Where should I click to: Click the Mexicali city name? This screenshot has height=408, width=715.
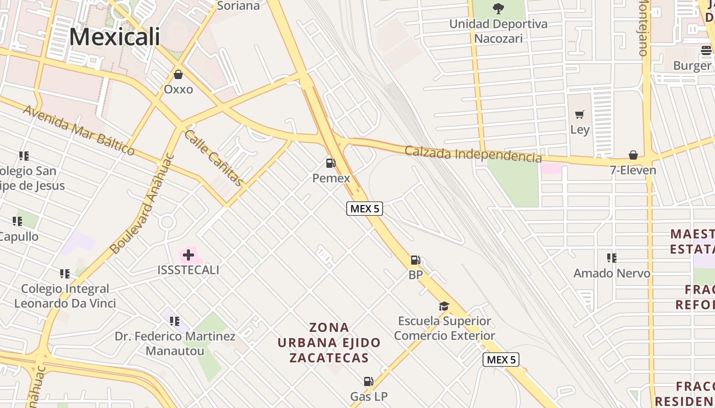click(114, 37)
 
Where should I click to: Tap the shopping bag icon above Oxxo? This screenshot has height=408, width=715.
click(178, 75)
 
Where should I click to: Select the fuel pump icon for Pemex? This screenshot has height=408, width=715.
click(331, 163)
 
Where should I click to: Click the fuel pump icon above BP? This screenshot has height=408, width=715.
click(416, 260)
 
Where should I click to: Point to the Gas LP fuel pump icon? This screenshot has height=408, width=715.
click(368, 381)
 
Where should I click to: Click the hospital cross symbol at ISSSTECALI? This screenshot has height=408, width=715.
click(188, 254)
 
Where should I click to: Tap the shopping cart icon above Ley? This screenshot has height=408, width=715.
click(579, 115)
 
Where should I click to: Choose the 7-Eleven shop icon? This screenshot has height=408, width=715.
click(633, 155)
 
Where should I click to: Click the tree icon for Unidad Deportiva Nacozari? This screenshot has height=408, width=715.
click(498, 9)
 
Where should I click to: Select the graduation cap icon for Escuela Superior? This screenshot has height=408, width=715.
click(444, 307)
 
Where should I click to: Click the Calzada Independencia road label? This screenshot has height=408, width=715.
click(473, 154)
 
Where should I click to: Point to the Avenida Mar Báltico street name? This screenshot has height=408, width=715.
click(79, 130)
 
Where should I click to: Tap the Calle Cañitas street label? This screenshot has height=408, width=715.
click(213, 158)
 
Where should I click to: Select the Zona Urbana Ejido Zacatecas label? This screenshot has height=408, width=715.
click(329, 342)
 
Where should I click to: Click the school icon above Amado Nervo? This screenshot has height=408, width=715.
click(611, 258)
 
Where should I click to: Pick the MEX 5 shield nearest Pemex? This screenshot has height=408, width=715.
click(365, 208)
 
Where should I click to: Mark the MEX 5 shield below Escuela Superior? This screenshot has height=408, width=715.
click(501, 360)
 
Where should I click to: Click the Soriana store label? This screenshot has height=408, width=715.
click(239, 6)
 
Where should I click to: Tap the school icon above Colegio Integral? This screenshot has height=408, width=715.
click(64, 274)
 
